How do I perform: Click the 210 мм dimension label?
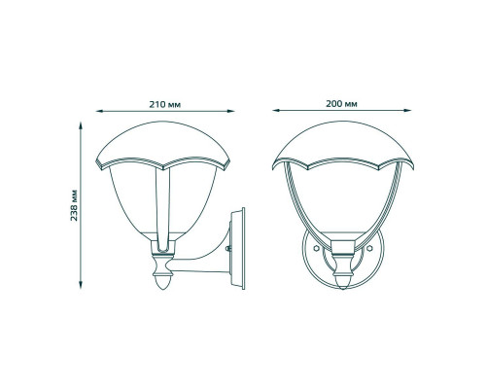point(165,104)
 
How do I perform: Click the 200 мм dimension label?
point(341,104)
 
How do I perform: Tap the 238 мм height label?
point(74,205)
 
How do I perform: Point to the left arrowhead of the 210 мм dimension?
point(99,111)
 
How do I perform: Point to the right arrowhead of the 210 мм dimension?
point(230,111)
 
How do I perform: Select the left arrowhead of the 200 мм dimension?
point(276,111)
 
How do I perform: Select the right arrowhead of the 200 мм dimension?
point(407,111)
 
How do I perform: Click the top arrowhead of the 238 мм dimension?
point(81,125)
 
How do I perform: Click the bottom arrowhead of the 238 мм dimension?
point(81,285)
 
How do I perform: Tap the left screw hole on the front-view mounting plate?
point(317,248)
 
